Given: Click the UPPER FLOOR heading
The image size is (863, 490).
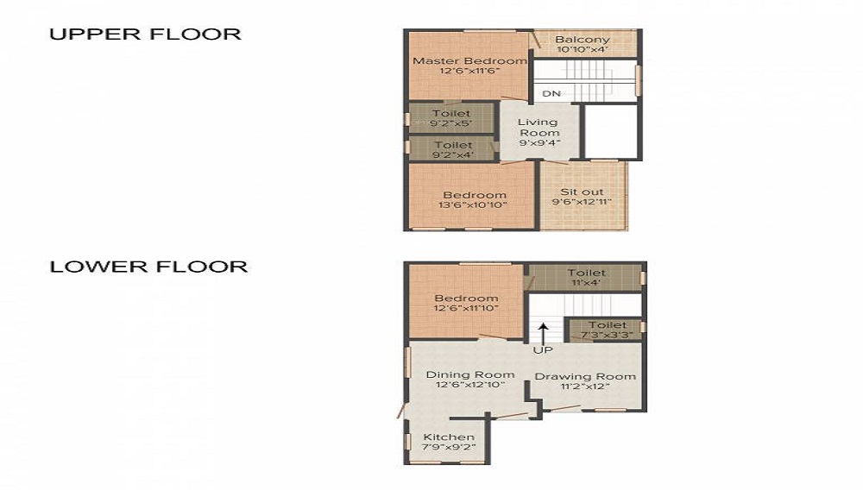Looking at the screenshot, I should pos(145,35).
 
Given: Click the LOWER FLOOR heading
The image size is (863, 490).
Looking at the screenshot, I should pos(148,267).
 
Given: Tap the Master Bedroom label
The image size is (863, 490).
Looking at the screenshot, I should pos(469,61).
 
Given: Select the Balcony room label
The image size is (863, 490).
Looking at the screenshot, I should pos(582,40).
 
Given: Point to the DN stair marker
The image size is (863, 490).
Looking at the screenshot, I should pos(551,93).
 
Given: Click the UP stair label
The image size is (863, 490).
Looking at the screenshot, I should pos(543,351).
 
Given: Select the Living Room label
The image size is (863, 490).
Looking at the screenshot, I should pos(539,128).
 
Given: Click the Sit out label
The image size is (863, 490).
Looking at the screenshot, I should pos(582,192).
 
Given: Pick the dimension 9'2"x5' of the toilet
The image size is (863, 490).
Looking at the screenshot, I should pos(452,123).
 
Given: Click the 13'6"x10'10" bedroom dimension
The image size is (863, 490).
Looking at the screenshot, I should pos(474,205).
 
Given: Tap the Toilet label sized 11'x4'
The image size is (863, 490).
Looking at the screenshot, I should pos(586,273).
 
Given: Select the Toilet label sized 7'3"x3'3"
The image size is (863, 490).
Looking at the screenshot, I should pos(607,325).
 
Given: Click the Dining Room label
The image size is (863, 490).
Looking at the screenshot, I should pos(470,374).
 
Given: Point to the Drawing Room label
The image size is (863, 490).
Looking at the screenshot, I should pos(585,376).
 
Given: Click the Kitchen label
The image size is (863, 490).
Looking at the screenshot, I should pos(449,437).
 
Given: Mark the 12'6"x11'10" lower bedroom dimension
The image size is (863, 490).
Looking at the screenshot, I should pos(466,309).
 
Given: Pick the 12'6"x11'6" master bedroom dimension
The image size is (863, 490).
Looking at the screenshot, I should pos(469,72).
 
